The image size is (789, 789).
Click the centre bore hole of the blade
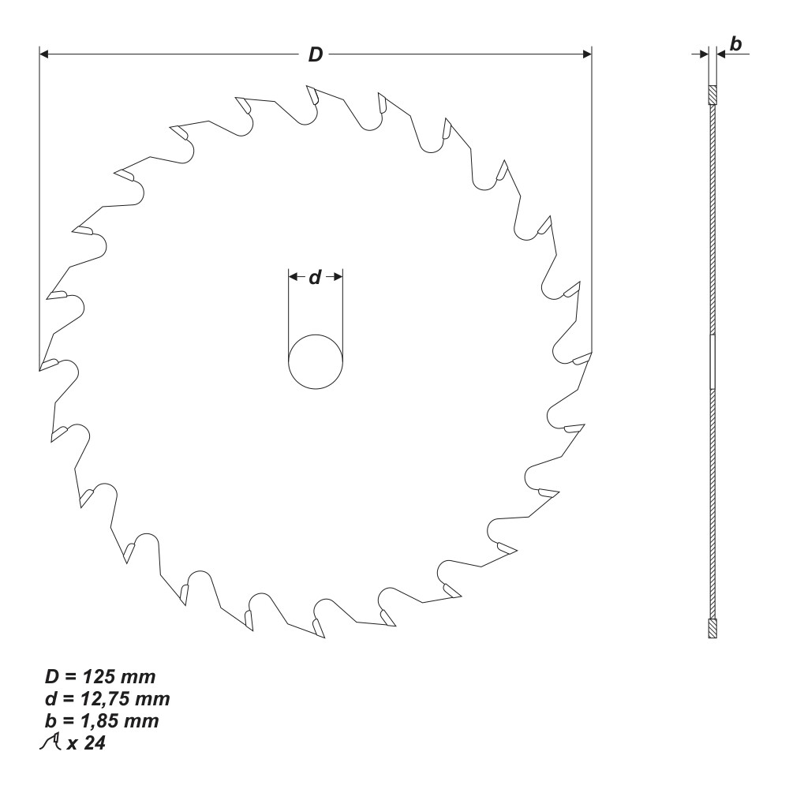(x=316, y=361)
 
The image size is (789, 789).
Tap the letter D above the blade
(x=315, y=54)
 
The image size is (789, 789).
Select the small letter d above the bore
(x=315, y=278)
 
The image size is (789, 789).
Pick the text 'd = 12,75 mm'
(x=107, y=699)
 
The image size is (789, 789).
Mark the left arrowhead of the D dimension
(x=44, y=54)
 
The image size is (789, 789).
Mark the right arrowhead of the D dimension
(x=586, y=54)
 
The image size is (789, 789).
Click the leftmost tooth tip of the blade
(x=40, y=367)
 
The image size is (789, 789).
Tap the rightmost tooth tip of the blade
(x=590, y=357)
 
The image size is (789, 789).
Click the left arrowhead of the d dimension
(x=292, y=277)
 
